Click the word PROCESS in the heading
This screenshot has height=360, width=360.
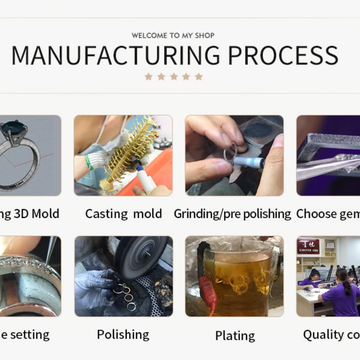click(283, 55)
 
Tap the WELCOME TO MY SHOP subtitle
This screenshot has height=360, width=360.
click(173, 36)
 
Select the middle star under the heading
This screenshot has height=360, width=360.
click(174, 76)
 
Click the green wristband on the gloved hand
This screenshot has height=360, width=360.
click(88, 162)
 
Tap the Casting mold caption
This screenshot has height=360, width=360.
click(123, 214)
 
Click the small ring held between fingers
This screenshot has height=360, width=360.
click(230, 152)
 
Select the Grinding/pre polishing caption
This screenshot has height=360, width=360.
click(232, 214)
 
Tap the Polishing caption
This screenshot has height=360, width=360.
click(123, 334)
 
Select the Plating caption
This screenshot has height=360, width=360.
click(235, 336)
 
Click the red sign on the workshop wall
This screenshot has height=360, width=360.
click(308, 246)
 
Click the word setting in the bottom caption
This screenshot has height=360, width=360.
click(30, 334)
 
